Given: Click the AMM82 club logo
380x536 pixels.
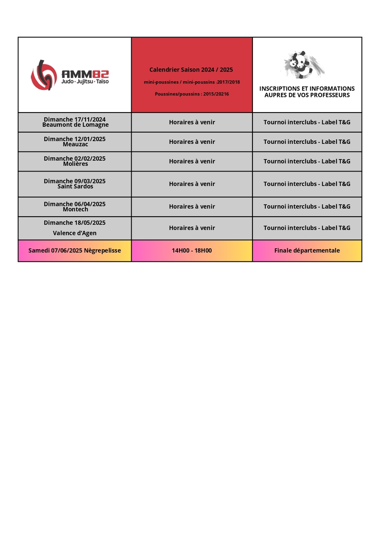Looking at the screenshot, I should [69, 75].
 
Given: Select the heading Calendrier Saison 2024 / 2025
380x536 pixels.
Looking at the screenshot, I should [191, 70].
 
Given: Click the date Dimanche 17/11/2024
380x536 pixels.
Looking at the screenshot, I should [75, 120].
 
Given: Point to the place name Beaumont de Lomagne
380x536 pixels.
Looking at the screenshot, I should [75, 125].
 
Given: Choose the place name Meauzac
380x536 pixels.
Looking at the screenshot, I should [75, 144].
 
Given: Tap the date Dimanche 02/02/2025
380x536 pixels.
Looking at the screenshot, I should [75, 159].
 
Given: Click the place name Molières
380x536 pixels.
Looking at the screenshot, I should [75, 164].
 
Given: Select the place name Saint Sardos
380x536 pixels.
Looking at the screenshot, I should [75, 186].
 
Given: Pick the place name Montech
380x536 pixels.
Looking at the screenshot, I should [75, 209].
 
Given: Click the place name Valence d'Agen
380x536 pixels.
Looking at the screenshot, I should [75, 233].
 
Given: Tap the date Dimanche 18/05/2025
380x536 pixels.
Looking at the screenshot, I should [75, 222].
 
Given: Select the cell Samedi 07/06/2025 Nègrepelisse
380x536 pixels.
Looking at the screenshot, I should [75, 251].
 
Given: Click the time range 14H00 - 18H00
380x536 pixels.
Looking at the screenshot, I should [192, 251].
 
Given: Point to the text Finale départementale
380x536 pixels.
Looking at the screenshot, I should [307, 251].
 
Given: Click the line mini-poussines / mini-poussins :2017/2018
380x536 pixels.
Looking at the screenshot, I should [192, 82].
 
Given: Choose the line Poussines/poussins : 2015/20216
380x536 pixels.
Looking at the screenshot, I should [192, 94].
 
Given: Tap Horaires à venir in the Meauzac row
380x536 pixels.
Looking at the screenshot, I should [192, 142].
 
